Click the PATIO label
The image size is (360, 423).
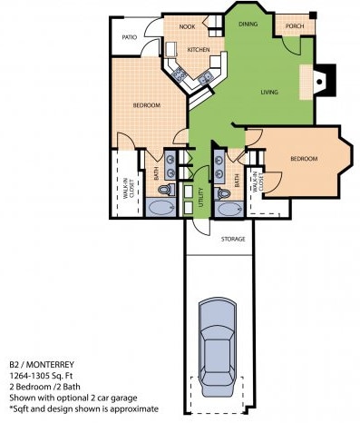pyautogui.click(x=130, y=37)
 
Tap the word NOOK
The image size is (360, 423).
pyautogui.click(x=187, y=28)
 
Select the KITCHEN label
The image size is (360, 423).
pyautogui.click(x=199, y=49)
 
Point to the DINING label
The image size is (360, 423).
pyautogui.click(x=248, y=25)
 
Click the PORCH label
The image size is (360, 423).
pyautogui.click(x=295, y=25)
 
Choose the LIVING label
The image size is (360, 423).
pyautogui.click(x=268, y=93)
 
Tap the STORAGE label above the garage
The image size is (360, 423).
pyautogui.click(x=234, y=239)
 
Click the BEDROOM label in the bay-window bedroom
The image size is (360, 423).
pyautogui.click(x=303, y=159)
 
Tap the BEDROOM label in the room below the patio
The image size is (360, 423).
pyautogui.click(x=146, y=106)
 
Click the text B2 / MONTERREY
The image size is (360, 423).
pyautogui.click(x=42, y=361)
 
